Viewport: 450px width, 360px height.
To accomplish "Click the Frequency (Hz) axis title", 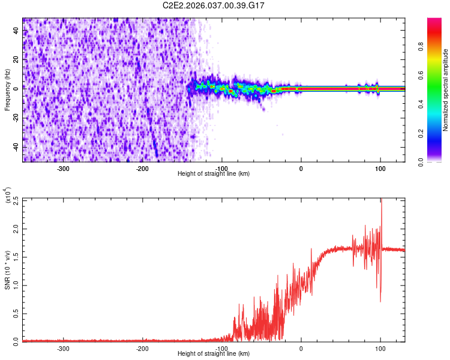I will pyautogui.click(x=7, y=89).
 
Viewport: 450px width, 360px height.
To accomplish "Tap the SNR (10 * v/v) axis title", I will pyautogui.click(x=7, y=269).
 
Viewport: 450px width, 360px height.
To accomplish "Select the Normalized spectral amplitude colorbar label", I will pyautogui.click(x=446, y=90).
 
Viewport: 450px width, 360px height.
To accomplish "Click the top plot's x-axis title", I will pyautogui.click(x=214, y=174).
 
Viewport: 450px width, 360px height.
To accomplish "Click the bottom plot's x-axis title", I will pyautogui.click(x=214, y=354).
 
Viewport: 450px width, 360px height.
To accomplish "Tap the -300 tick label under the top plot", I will pyautogui.click(x=64, y=169).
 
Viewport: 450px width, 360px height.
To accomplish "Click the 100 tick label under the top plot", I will pyautogui.click(x=380, y=169).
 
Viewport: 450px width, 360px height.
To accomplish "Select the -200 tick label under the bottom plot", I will pyautogui.click(x=142, y=349).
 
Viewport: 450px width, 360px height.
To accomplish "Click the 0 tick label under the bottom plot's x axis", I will pyautogui.click(x=301, y=349).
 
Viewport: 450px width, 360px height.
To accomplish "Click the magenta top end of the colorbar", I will pyautogui.click(x=434, y=20).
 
